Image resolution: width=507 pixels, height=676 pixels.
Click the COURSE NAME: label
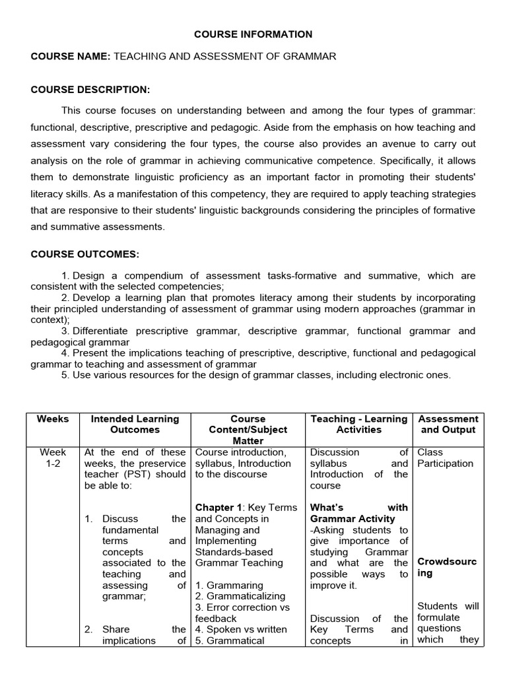71,57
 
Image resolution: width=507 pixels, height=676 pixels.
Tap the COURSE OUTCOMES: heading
84,254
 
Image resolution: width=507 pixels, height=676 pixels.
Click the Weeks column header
53,419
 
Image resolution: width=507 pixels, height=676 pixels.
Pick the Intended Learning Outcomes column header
135,424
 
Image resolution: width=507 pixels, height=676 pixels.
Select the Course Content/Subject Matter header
248,430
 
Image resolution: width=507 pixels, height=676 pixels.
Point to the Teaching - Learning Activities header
359,424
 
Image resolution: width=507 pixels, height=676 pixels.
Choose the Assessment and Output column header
448,424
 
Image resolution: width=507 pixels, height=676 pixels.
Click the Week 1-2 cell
53,458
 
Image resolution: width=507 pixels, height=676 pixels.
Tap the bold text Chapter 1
217,508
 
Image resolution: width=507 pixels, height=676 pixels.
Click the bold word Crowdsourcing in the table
447,568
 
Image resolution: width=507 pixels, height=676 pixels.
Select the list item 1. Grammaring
229,585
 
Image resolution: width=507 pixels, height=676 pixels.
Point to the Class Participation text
445,458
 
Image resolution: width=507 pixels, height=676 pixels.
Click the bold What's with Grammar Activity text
358,513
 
